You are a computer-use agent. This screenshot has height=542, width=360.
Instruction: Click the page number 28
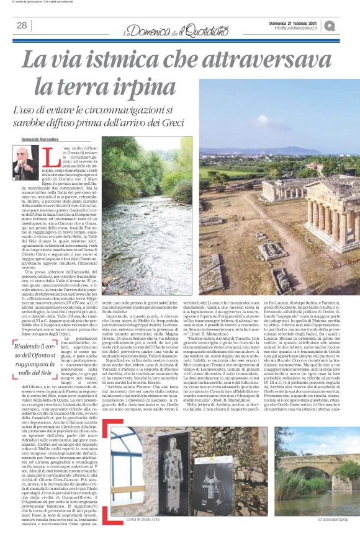click(22, 25)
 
